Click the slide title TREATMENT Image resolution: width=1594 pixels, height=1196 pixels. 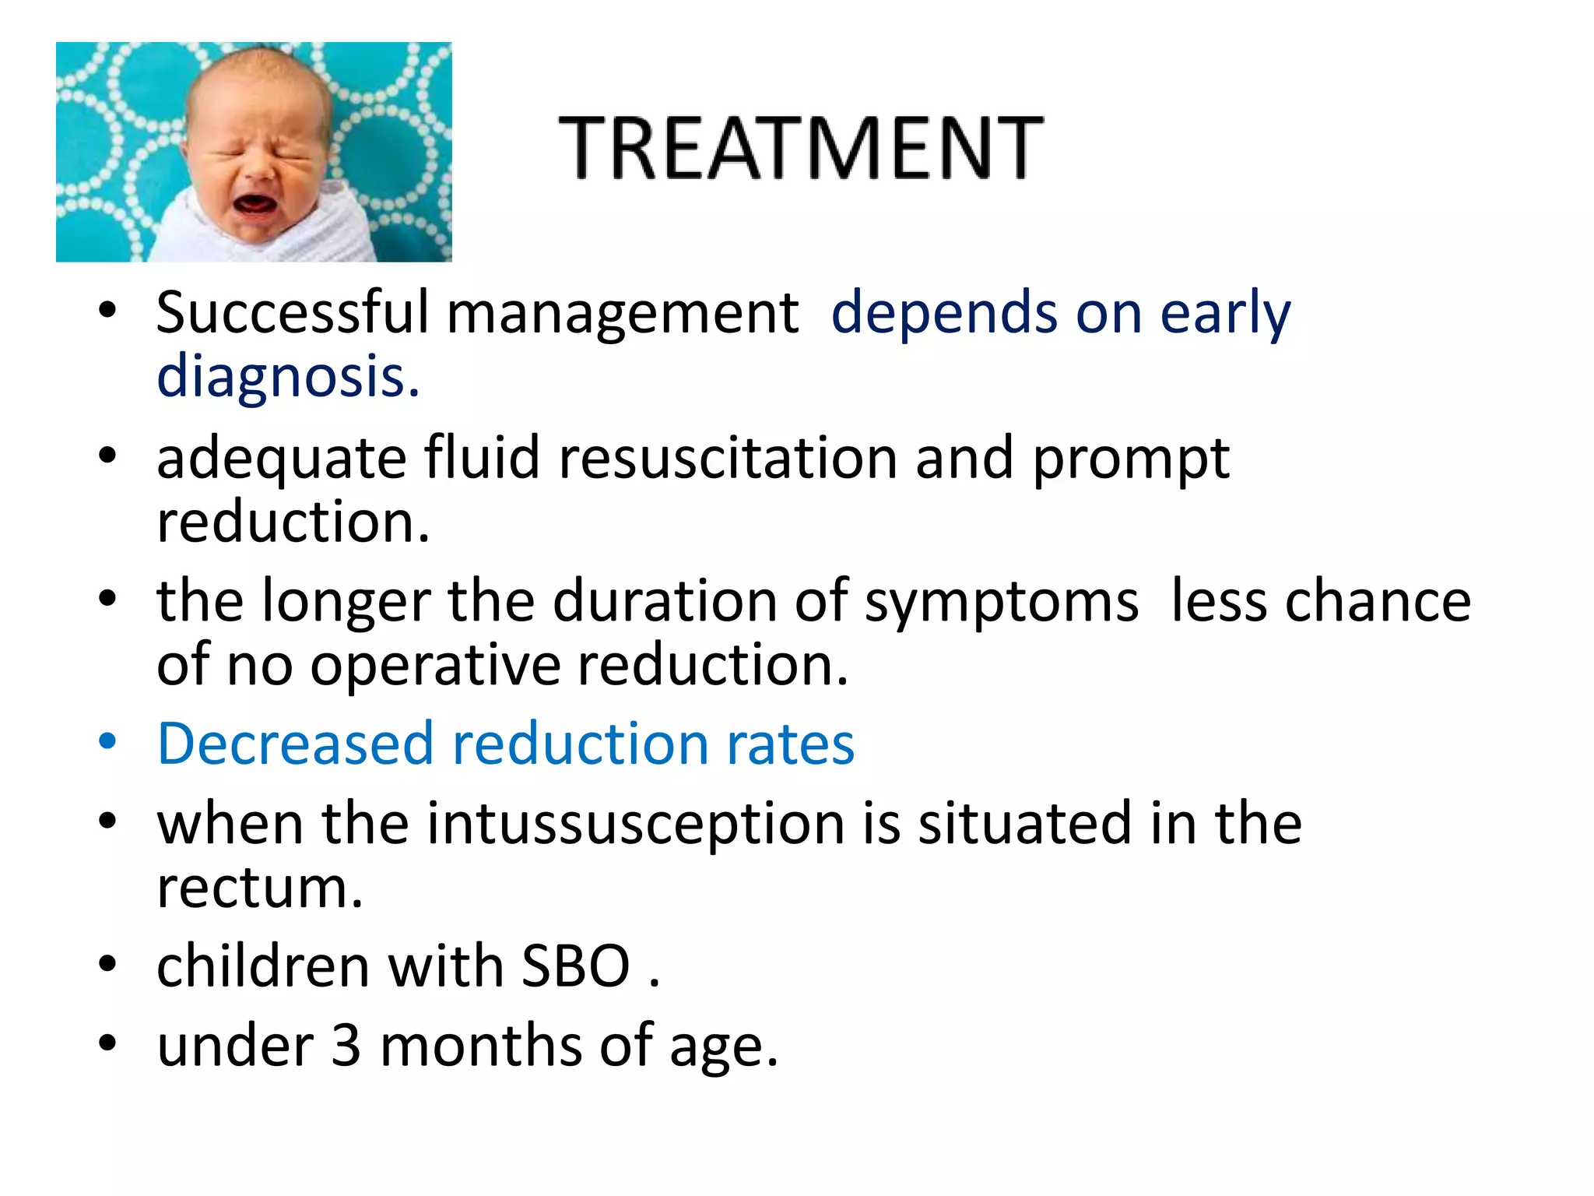coord(801,147)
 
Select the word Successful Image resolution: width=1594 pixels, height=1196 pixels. coord(292,313)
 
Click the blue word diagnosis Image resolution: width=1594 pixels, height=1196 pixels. coord(288,377)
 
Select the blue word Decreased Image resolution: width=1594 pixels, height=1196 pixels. coord(295,744)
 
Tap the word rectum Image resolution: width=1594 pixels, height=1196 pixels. coord(259,888)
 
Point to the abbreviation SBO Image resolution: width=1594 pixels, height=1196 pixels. coord(575,966)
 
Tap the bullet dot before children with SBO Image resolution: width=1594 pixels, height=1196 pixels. coord(107,965)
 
